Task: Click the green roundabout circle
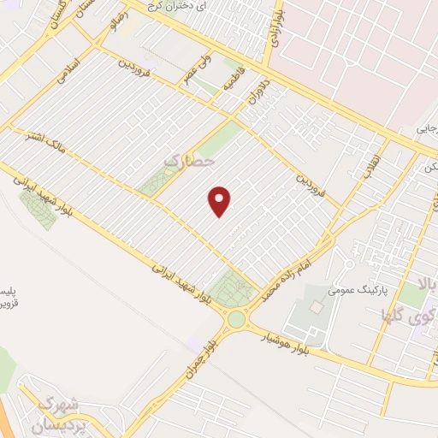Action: click(235, 320)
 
